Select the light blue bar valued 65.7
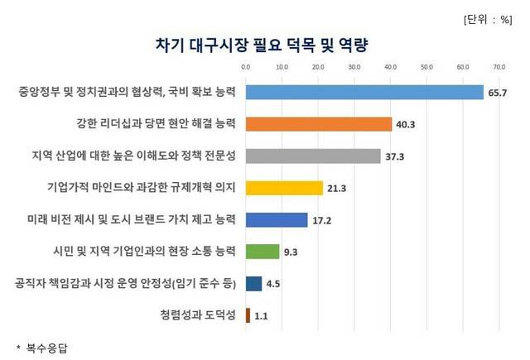364,92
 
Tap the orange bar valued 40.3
319,124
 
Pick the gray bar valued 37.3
313,156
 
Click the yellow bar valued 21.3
284,188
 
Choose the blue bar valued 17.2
277,219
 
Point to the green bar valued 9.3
263,251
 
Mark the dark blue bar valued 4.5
253,283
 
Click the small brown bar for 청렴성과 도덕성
247,314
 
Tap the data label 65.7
497,93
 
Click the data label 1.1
262,315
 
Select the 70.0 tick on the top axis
499,65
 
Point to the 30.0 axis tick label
354,65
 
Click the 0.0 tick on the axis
245,65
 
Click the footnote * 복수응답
41,348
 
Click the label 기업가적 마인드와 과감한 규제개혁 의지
143,188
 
